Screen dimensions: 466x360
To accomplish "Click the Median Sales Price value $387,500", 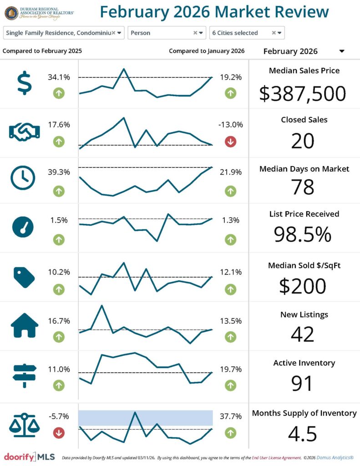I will (303, 93).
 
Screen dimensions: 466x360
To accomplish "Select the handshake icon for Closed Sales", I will (24, 132).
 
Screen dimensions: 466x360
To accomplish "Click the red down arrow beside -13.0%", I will (230, 142).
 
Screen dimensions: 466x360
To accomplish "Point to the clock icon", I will (23, 178).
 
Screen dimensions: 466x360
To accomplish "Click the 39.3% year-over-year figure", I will (59, 172).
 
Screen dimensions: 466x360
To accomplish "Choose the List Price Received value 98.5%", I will (303, 234).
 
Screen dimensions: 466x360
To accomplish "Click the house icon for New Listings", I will (24, 325).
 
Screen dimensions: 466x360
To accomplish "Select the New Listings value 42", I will (303, 334).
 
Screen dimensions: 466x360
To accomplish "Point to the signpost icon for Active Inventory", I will (24, 375).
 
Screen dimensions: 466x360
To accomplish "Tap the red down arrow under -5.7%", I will (59, 432).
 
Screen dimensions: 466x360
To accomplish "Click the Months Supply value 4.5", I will (303, 434).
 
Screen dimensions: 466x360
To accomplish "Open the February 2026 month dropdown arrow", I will (342, 51).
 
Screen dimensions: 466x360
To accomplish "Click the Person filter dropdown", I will (167, 33).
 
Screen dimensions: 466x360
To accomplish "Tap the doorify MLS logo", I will (30, 456).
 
